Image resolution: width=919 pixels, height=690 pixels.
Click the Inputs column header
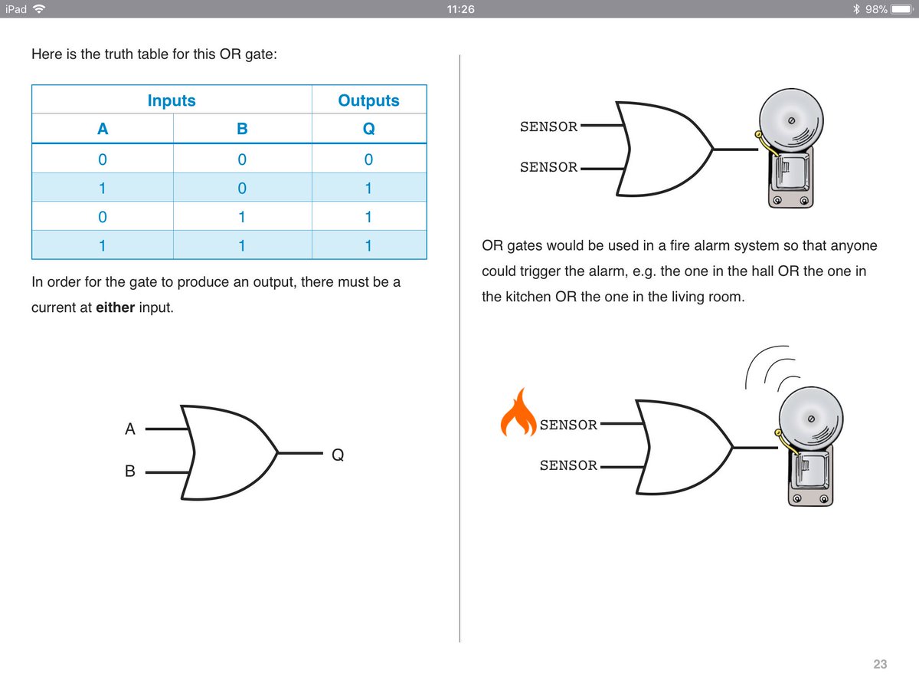click(x=172, y=100)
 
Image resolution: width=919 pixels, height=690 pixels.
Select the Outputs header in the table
click(x=368, y=100)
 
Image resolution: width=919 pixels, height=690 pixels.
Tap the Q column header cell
click(x=368, y=129)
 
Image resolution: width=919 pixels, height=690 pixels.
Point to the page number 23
click(x=880, y=664)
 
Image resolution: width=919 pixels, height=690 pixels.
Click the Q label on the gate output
click(x=338, y=455)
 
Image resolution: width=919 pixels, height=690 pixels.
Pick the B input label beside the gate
click(x=130, y=472)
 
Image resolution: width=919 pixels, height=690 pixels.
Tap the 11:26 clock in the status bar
click(x=459, y=9)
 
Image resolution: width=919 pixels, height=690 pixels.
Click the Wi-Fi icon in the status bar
click(x=39, y=9)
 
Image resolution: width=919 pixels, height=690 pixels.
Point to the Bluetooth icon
click(x=857, y=9)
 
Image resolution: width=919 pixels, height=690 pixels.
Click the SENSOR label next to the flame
click(x=568, y=425)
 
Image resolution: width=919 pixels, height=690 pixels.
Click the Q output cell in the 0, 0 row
click(x=368, y=159)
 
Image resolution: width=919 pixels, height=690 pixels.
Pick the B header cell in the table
click(x=242, y=129)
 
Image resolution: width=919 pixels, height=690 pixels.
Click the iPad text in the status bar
click(x=16, y=9)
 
